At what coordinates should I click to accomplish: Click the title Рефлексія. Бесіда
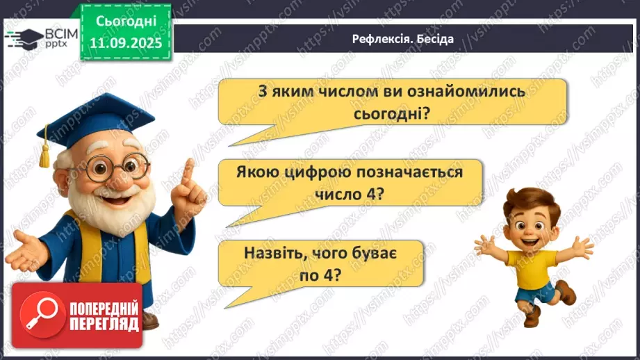pyautogui.click(x=402, y=39)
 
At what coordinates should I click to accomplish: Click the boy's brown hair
pyautogui.click(x=528, y=197)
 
